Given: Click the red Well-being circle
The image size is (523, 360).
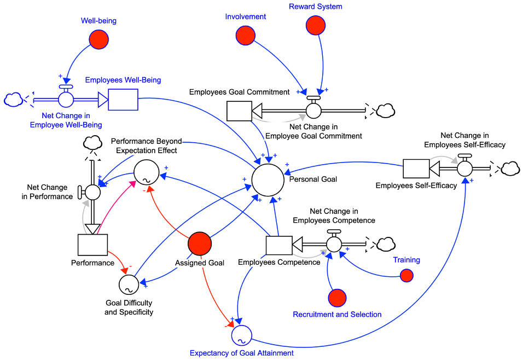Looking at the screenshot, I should (98, 39).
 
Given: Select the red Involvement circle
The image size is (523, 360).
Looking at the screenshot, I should (245, 36).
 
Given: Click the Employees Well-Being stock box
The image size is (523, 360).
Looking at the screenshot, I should (124, 99).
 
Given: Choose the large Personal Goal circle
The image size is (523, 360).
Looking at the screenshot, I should (268, 179).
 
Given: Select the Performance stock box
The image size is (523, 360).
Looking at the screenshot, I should (92, 246).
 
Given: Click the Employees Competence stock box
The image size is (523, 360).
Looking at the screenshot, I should (279, 246).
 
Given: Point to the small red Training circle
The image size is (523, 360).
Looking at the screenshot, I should (406, 276).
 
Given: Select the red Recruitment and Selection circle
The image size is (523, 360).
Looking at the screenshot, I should (337, 298).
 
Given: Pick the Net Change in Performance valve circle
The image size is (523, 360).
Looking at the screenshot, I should (92, 192).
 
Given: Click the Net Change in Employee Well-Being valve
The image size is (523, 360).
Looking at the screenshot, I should (66, 99).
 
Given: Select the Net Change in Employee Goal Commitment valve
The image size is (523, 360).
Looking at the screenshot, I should (313, 109).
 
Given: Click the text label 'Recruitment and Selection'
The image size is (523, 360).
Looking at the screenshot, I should (337, 315).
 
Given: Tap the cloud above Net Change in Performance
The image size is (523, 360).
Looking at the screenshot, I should (92, 144).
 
